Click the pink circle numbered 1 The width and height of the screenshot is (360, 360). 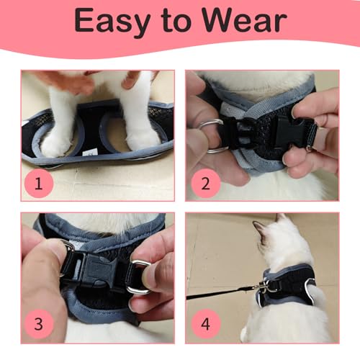click(39, 183)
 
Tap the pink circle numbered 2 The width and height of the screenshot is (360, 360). click(205, 183)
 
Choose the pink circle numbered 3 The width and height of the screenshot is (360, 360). click(39, 324)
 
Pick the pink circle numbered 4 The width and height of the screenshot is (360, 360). click(205, 324)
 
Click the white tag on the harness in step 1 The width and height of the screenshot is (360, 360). click(88, 153)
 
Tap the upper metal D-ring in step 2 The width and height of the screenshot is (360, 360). click(211, 125)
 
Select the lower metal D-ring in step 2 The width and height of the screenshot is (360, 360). click(217, 150)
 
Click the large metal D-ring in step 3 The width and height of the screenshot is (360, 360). click(139, 276)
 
